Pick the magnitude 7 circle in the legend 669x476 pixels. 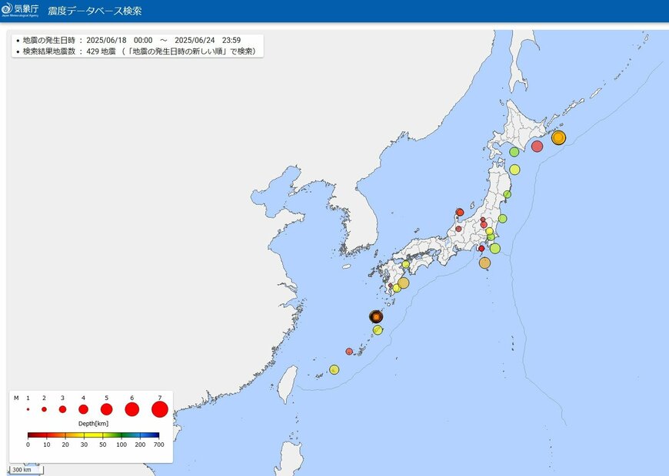click(159, 410)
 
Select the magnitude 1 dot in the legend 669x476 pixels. click(28, 410)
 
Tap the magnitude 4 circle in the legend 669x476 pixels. click(83, 410)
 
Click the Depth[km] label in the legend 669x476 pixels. click(94, 424)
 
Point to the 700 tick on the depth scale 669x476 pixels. click(158, 445)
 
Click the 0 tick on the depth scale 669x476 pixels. click(28, 445)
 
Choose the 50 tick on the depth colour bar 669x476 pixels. click(103, 445)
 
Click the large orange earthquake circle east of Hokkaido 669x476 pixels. click(558, 137)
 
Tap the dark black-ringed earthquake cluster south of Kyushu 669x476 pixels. click(375, 316)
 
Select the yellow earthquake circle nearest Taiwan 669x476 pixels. click(334, 369)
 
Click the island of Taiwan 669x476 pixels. click(286, 384)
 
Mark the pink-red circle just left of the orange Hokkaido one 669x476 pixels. click(537, 146)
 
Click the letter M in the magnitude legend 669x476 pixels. click(16, 398)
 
